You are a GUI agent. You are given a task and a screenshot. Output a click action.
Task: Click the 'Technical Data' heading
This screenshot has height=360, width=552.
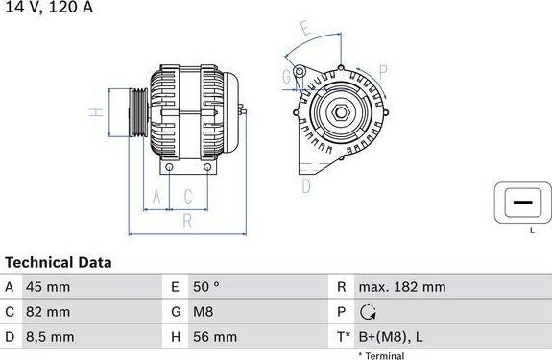(59, 262)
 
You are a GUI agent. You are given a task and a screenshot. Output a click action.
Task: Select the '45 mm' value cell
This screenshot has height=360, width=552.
(48, 287)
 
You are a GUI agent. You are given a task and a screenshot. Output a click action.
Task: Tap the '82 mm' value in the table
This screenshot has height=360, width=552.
(48, 312)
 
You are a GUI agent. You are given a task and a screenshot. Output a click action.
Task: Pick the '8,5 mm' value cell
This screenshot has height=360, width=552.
(50, 337)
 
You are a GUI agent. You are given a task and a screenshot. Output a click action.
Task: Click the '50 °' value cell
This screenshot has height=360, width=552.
(207, 287)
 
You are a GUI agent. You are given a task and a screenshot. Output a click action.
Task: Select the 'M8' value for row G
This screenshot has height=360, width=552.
(203, 312)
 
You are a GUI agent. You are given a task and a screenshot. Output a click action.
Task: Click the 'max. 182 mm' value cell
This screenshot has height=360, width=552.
(401, 287)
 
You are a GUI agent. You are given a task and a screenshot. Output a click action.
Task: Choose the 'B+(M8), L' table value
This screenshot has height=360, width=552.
(392, 337)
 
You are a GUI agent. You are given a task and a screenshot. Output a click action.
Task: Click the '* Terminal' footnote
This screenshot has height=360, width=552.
(381, 355)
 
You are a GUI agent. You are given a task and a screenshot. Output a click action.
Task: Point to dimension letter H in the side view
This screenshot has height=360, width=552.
(95, 113)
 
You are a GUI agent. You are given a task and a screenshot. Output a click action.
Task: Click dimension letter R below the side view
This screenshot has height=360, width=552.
(188, 222)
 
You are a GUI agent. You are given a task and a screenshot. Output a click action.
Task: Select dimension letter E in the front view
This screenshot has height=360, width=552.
(304, 29)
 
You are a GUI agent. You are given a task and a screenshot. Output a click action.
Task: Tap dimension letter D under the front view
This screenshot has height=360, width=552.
(306, 185)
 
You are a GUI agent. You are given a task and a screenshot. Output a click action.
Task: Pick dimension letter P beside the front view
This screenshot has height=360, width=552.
(382, 71)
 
